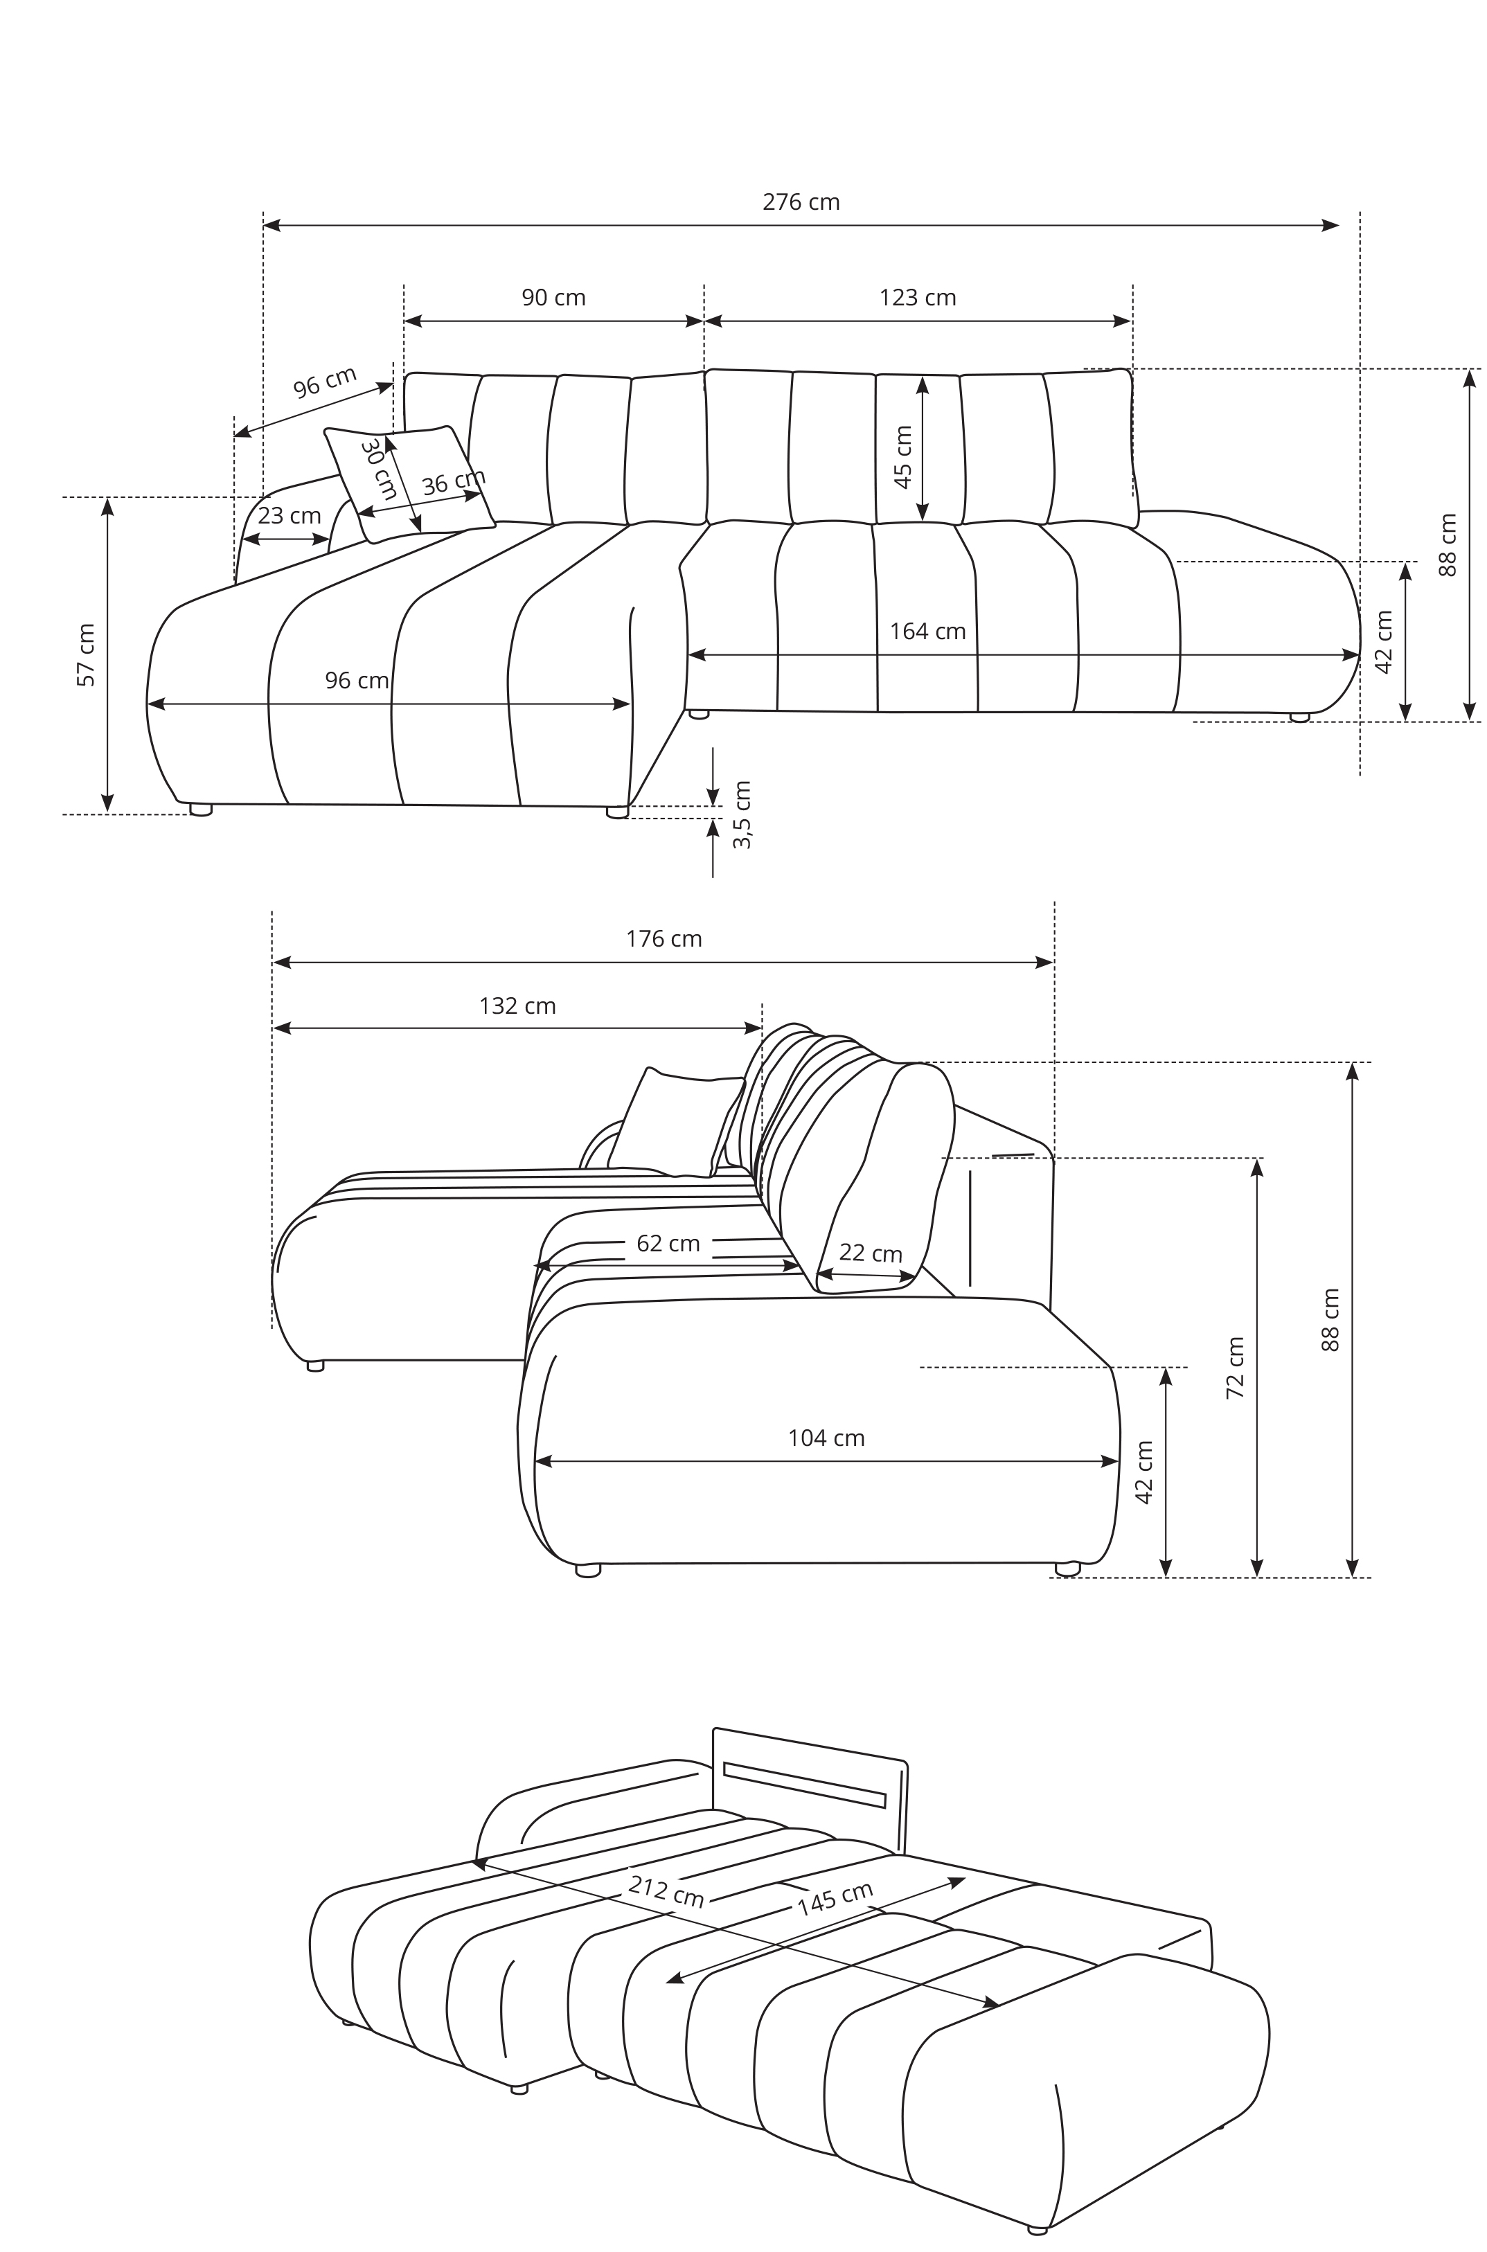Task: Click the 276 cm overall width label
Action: (801, 202)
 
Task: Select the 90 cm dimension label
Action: (554, 298)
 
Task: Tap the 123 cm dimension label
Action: (917, 298)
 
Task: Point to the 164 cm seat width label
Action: (927, 632)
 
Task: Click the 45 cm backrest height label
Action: (903, 457)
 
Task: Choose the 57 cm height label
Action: (87, 655)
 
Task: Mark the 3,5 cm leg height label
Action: (742, 814)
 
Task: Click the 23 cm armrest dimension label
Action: (290, 516)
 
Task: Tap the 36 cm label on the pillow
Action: (454, 482)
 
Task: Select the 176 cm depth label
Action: (664, 939)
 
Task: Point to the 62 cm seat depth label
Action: (668, 1243)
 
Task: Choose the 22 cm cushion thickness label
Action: (871, 1253)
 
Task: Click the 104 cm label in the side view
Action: (826, 1438)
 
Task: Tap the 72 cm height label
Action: (1235, 1368)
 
